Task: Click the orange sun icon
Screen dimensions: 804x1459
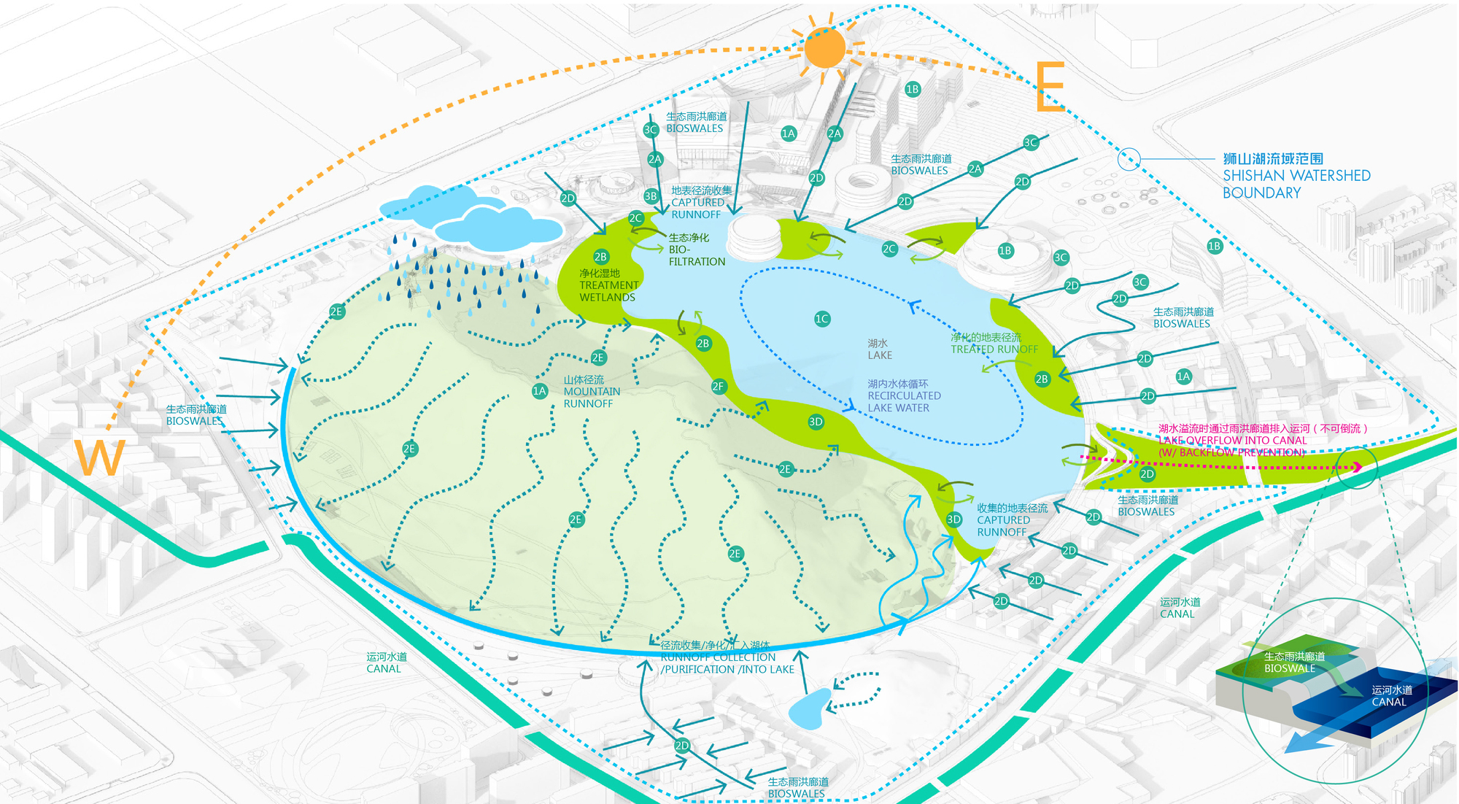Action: pyautogui.click(x=825, y=48)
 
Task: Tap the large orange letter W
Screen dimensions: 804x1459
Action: pyautogui.click(x=99, y=458)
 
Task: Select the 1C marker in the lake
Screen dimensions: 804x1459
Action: pyautogui.click(x=822, y=319)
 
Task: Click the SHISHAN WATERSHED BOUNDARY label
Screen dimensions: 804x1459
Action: pyautogui.click(x=1296, y=176)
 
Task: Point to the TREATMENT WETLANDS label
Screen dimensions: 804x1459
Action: pyautogui.click(x=608, y=285)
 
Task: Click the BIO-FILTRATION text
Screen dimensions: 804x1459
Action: pyautogui.click(x=696, y=250)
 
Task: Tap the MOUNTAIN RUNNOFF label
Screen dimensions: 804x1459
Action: pyautogui.click(x=591, y=392)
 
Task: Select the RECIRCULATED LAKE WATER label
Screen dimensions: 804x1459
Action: pyautogui.click(x=903, y=396)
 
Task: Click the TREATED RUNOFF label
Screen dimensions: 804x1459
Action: pyautogui.click(x=994, y=344)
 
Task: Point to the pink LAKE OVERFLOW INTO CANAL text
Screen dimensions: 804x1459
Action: pyautogui.click(x=1233, y=441)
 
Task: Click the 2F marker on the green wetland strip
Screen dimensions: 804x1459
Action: pyautogui.click(x=719, y=387)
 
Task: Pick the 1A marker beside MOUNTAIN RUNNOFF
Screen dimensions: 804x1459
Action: pyautogui.click(x=539, y=391)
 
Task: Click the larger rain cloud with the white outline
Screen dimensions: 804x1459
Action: pyautogui.click(x=498, y=227)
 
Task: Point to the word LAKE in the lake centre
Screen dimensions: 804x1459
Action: pyautogui.click(x=880, y=355)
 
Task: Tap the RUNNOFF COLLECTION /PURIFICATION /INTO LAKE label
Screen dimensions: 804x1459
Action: pyautogui.click(x=727, y=657)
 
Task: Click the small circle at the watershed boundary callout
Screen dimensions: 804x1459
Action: pyautogui.click(x=1129, y=158)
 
